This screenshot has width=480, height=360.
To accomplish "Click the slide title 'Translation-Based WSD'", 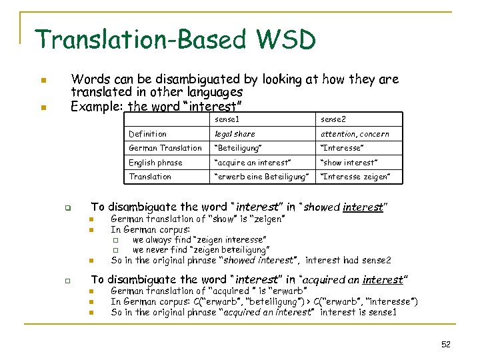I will click(175, 40).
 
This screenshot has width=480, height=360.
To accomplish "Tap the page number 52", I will click(446, 344).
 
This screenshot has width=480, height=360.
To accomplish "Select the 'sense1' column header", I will click(227, 119).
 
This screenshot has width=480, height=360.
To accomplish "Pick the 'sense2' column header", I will click(333, 119).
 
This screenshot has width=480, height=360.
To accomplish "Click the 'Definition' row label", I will click(147, 134).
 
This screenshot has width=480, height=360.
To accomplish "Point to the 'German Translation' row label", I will click(165, 148).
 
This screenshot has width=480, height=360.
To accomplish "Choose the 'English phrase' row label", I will click(155, 163).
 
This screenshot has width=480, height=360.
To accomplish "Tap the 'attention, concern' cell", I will click(355, 134).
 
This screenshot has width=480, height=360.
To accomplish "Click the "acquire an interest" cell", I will click(252, 163).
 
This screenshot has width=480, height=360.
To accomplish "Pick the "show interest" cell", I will click(349, 163).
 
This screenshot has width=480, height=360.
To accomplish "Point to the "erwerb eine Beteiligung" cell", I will click(261, 177).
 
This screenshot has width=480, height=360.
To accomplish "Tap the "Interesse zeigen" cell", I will click(355, 177).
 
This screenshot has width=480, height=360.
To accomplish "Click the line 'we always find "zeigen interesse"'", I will click(200, 239).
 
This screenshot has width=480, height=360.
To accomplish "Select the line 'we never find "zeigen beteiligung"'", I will click(201, 249).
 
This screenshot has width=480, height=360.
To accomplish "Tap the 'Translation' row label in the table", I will click(150, 177).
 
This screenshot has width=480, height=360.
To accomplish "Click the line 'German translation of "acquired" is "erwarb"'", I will click(209, 291).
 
